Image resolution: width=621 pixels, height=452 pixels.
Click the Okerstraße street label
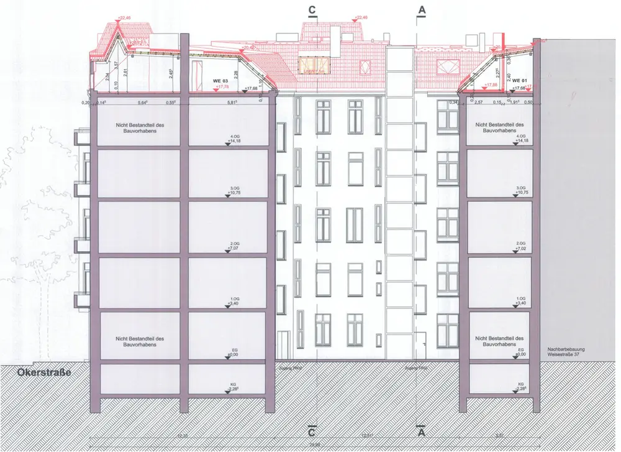coord(37,372)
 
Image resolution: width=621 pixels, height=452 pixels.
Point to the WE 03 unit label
coord(221,81)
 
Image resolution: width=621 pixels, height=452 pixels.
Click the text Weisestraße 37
coord(565,354)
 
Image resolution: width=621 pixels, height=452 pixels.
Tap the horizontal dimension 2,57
coord(479,101)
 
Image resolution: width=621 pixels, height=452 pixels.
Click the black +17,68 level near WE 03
coord(252,89)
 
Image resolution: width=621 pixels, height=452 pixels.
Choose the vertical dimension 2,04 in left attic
coord(107,77)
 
